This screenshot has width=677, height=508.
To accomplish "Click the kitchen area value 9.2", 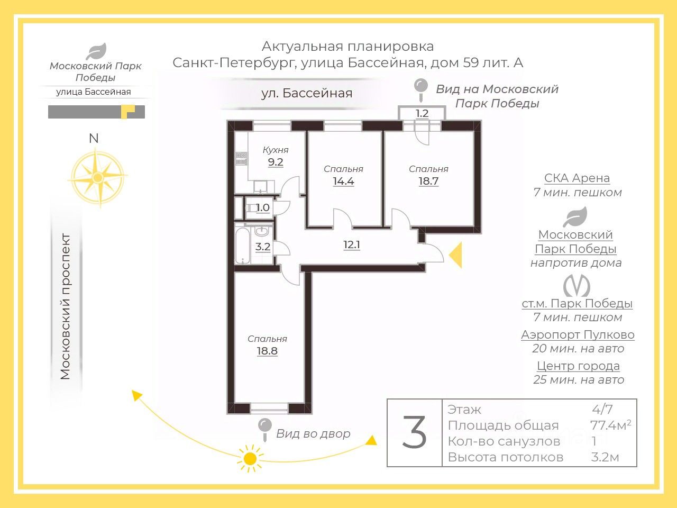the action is [x=276, y=162].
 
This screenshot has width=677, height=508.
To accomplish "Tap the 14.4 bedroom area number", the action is [x=343, y=181].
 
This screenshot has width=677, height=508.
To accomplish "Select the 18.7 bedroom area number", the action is [x=428, y=181].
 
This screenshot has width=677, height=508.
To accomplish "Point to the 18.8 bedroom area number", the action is [x=267, y=351].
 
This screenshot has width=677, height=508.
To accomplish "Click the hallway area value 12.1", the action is [x=352, y=245].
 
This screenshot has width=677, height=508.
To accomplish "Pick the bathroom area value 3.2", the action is [x=263, y=247].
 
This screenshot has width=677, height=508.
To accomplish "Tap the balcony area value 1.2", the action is [x=422, y=113].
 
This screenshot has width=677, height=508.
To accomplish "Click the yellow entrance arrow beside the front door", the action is [x=456, y=255].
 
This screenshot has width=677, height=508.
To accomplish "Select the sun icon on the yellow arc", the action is [x=250, y=458].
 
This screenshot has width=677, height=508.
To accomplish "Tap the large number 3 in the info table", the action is [x=415, y=433].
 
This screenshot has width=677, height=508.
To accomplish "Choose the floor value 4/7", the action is [x=602, y=409].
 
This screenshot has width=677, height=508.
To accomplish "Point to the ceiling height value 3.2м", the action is [x=605, y=457].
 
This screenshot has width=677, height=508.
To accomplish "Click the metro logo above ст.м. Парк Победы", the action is [x=577, y=286].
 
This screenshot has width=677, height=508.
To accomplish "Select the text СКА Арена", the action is [x=577, y=178].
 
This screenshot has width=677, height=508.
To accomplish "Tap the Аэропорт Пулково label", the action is [x=578, y=334].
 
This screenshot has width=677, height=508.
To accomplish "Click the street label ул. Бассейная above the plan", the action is [x=307, y=93].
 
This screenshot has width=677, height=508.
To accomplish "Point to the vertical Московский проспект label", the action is [x=65, y=306].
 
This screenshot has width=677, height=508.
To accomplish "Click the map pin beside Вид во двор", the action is [x=264, y=428].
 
